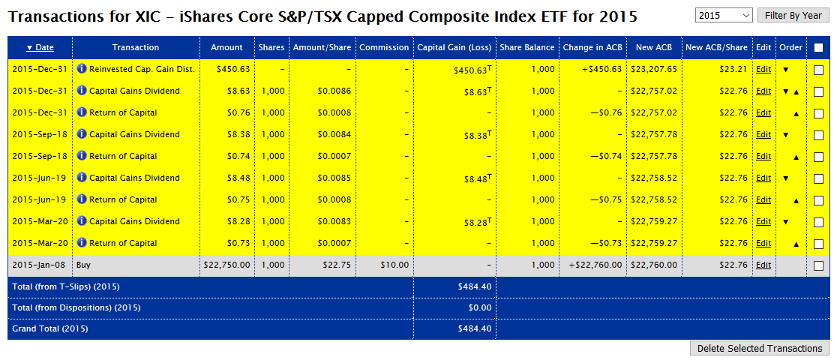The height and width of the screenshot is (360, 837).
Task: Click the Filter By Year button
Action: pyautogui.click(x=793, y=16)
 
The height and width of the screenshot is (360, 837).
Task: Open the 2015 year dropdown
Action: pyautogui.click(x=724, y=16)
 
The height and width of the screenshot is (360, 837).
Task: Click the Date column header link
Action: pyautogui.click(x=40, y=47)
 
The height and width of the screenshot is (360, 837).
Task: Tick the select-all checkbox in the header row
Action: pyautogui.click(x=818, y=47)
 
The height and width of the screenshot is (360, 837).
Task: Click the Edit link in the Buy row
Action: pyautogui.click(x=763, y=265)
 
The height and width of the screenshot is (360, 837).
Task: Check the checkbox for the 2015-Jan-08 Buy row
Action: pyautogui.click(x=818, y=265)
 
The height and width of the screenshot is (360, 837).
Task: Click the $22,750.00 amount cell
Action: pyautogui.click(x=226, y=265)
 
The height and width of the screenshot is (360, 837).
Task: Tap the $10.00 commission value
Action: pyautogui.click(x=395, y=265)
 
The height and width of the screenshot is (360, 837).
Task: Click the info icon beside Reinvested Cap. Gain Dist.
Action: pyautogui.click(x=82, y=69)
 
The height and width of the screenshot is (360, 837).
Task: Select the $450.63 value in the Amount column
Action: pyautogui.click(x=234, y=69)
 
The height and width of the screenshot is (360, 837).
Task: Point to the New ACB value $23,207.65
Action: pyautogui.click(x=654, y=69)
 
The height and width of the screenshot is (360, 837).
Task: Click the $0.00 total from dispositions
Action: pyautogui.click(x=478, y=307)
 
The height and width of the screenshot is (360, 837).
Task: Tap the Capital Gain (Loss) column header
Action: pyautogui.click(x=454, y=47)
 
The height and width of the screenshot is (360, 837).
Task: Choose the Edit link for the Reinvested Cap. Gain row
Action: pyautogui.click(x=763, y=69)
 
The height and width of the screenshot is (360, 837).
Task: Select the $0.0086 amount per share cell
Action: pyautogui.click(x=334, y=91)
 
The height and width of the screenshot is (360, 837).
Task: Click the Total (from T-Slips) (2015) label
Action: pyautogui.click(x=66, y=286)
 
